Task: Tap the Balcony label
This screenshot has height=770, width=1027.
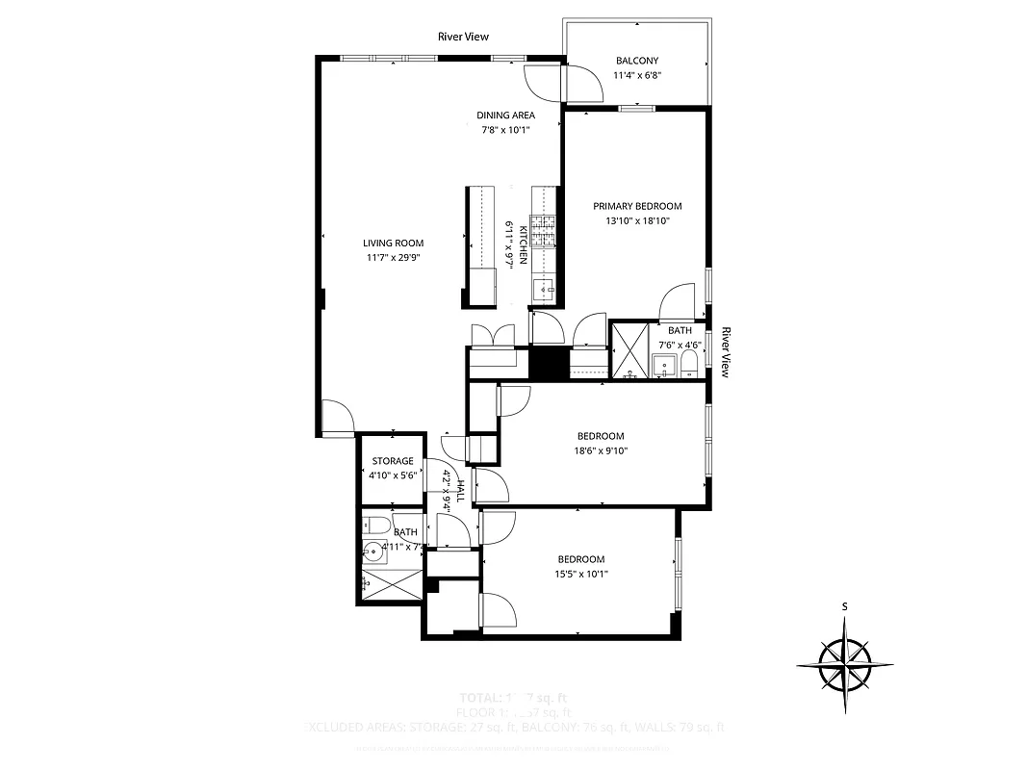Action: [637, 61]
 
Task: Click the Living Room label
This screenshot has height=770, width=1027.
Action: [393, 244]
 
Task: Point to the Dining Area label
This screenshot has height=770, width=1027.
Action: [506, 115]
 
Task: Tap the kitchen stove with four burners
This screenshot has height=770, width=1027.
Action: [544, 231]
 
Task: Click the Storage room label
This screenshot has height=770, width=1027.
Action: [393, 461]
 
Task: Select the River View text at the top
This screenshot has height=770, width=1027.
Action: [463, 37]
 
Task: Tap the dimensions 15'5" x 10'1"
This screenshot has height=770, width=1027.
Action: [581, 574]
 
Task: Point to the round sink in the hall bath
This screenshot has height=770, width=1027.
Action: [373, 552]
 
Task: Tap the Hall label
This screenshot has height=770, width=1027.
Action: [461, 490]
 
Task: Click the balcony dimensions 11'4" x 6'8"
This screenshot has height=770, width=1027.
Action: [637, 74]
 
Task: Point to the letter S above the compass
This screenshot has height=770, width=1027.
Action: [844, 606]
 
